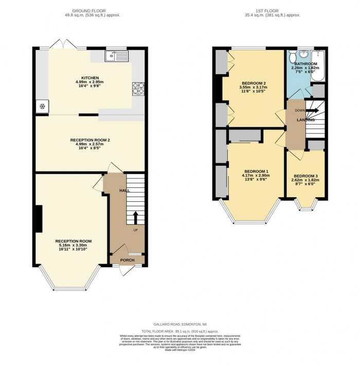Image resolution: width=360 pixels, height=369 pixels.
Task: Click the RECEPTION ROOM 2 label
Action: tap(90, 139)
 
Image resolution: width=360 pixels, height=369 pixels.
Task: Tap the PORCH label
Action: tap(128, 260)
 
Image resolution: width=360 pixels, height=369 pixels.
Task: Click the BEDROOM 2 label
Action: tap(254, 83)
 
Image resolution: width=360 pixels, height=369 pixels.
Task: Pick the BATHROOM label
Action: tap(307, 64)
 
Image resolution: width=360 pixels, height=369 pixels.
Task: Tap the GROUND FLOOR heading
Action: tap(90, 10)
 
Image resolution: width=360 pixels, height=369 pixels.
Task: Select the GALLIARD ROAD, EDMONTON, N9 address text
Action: tap(179, 325)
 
